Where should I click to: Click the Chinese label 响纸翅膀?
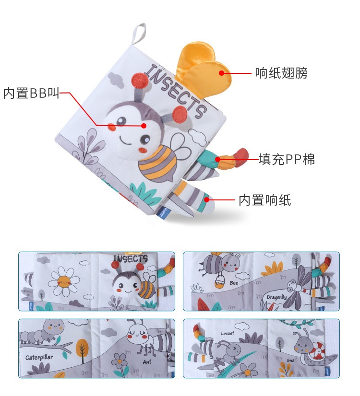click(x=281, y=73)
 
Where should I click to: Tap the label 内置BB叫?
click(x=31, y=93)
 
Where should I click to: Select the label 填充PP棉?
click(x=287, y=159)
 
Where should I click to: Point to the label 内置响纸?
click(x=265, y=200)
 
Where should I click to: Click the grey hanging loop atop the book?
click(x=139, y=34)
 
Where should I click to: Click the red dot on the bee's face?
click(x=144, y=126)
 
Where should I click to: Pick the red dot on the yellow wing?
click(x=221, y=73)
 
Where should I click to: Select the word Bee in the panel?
click(x=234, y=283)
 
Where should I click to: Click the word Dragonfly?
click(x=276, y=297)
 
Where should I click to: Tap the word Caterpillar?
click(x=39, y=357)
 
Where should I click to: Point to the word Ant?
click(x=147, y=362)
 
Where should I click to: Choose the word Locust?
click(x=228, y=333)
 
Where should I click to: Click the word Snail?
click(x=291, y=360)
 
